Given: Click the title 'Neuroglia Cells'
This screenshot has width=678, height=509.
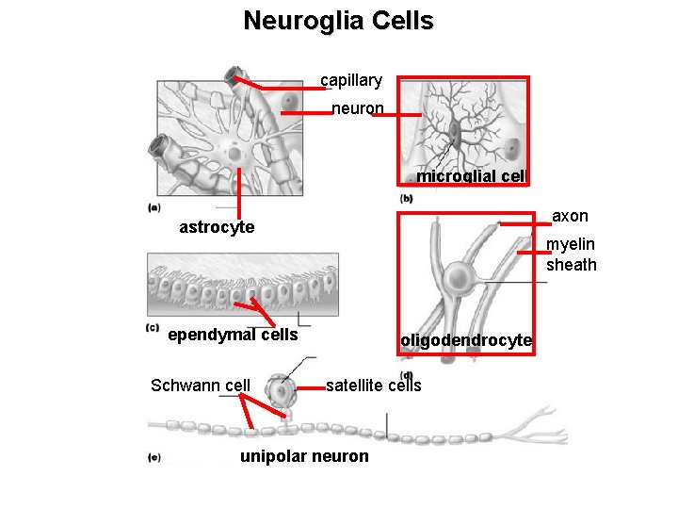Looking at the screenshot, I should point(338,20).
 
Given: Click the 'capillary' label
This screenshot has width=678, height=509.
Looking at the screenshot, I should point(351,81).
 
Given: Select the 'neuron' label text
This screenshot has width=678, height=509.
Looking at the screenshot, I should point(358,108).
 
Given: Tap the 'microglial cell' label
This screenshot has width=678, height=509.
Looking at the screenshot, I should point(470,176).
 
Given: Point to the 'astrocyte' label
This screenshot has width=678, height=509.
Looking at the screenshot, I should point(217,227).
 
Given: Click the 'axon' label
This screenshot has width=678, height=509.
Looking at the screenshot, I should point(570,217).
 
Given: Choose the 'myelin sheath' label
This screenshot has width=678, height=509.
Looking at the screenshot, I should point(572,254).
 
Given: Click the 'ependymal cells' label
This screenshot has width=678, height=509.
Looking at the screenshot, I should point(233,335).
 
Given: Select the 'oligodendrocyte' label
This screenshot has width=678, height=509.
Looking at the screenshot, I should point(466,340).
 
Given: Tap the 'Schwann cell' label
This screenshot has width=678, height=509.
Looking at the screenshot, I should point(201,385).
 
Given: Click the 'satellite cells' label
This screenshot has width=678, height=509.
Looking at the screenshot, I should point(374,385).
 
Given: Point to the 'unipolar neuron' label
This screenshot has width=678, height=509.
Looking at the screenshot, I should point(305,456).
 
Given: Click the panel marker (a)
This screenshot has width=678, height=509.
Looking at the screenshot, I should point(153,207).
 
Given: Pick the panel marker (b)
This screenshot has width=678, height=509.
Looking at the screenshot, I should point(407,199).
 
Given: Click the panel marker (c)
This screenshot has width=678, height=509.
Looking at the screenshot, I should point(153,327).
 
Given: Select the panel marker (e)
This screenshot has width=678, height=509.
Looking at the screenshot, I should point(153,458).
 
